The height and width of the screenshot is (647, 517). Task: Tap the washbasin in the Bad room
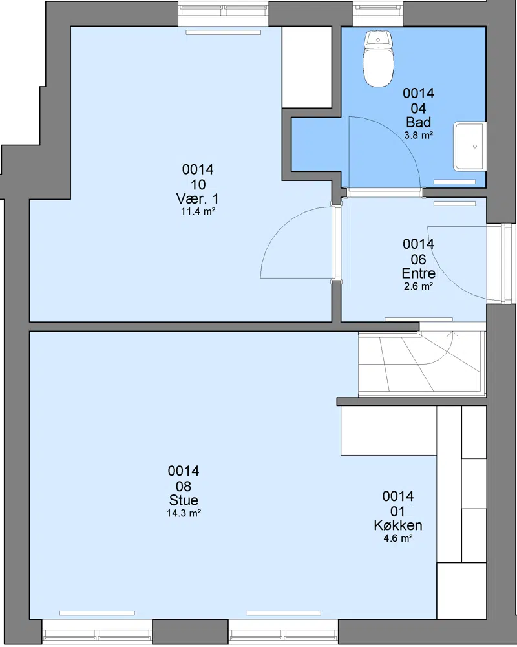pos(470,146)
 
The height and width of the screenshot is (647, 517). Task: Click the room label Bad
pos(418,122)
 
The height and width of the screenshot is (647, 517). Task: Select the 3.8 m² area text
pos(418,135)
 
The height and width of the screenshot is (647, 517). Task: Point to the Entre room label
pos(418,273)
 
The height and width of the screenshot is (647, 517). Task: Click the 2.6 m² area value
pos(418,286)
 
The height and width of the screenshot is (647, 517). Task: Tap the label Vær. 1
pos(198,198)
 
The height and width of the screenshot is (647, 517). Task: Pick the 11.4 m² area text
pos(198,211)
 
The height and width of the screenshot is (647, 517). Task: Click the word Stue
pos(184,500)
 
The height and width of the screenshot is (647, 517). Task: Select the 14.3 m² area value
pos(184,513)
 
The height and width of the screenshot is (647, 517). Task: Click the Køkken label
pos(397,525)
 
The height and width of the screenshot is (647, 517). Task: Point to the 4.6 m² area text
pos(397,538)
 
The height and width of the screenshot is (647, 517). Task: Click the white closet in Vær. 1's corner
pos(307,67)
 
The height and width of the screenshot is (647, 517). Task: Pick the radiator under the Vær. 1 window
pos(223,32)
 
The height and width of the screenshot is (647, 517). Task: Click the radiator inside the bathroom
pos(454,182)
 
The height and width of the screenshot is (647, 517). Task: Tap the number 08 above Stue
pos(184,486)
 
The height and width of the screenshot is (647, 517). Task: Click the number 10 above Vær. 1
pos(198,184)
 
